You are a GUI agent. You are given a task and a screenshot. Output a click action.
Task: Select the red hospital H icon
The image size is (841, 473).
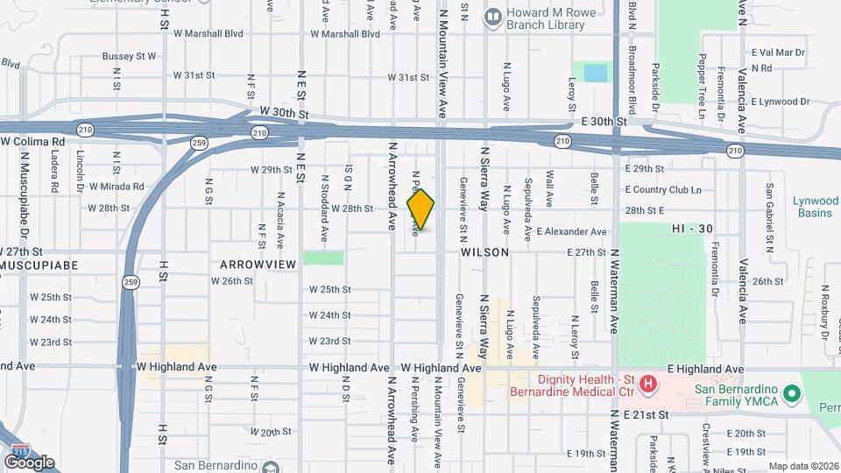[x=648, y=383]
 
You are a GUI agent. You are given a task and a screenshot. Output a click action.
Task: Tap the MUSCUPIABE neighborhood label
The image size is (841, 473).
[x=39, y=265]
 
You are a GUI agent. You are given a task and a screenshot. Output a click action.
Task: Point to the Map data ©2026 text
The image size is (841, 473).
[x=803, y=466]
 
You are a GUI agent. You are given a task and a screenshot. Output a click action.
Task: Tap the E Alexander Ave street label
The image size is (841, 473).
[x=572, y=232]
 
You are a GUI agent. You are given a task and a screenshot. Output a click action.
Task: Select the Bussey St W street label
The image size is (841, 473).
[x=129, y=56]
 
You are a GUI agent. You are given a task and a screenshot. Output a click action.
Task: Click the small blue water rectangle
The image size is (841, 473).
[x=595, y=73]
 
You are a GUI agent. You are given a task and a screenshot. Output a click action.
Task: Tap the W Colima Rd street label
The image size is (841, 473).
[x=33, y=141]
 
